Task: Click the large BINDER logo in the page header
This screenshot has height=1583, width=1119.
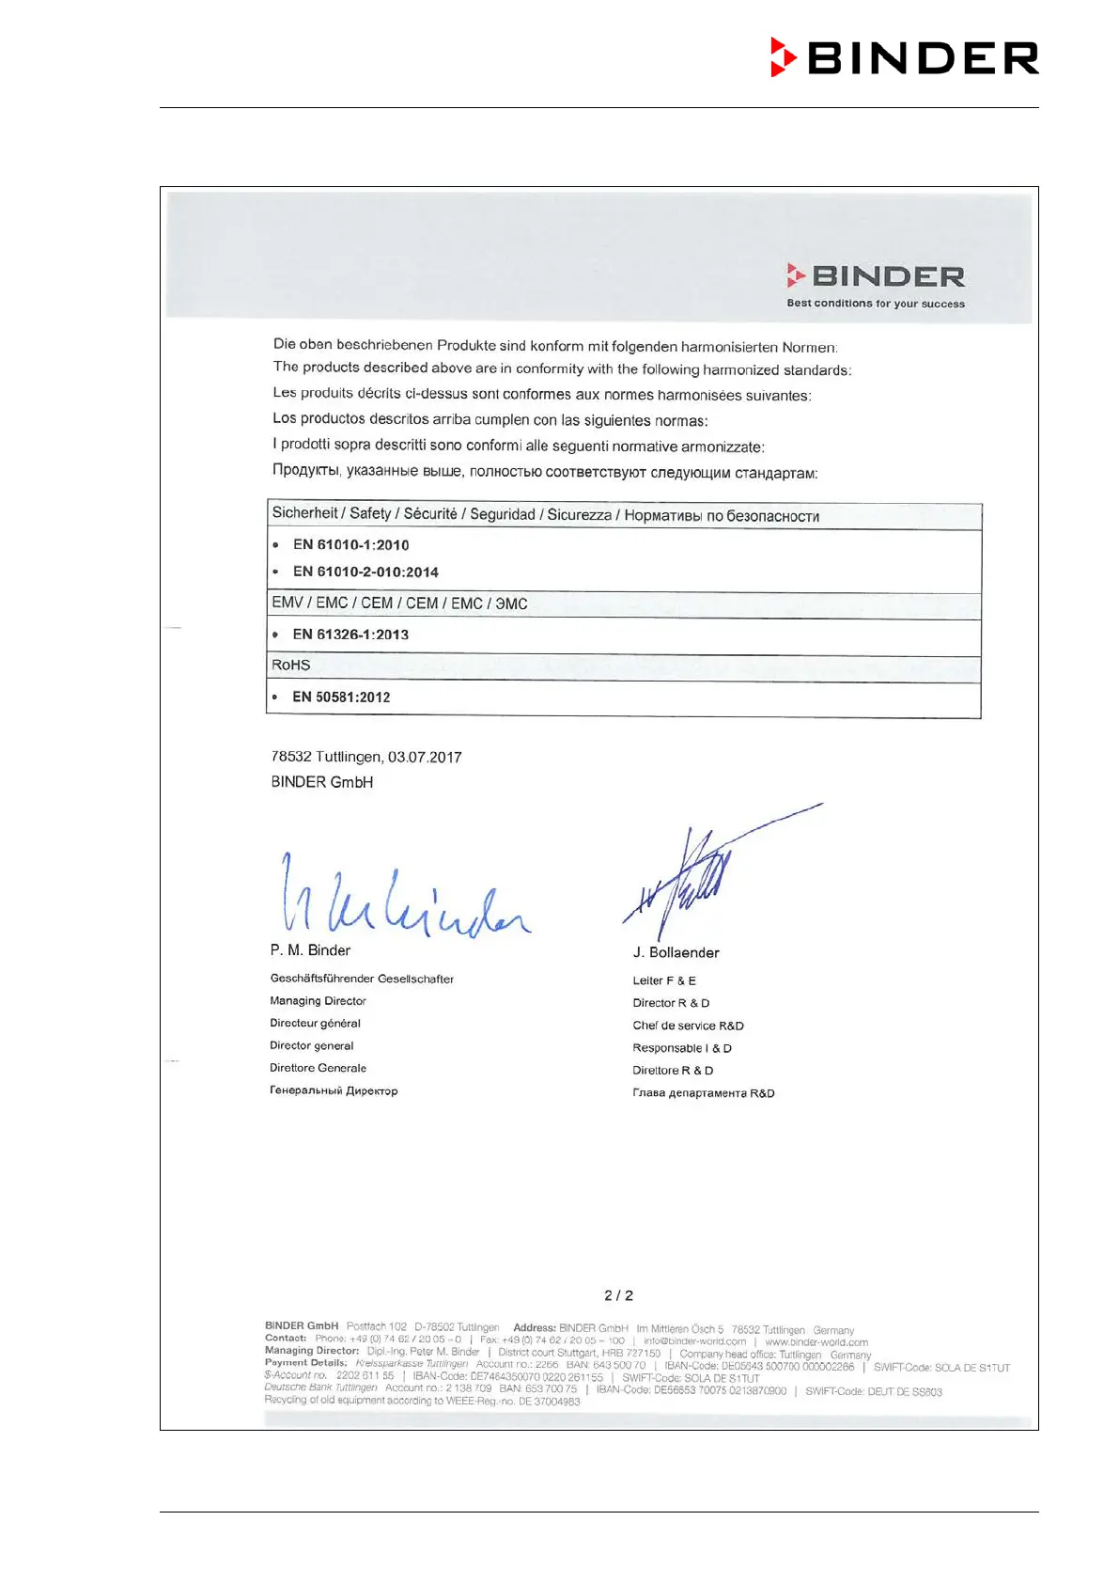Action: coord(904,57)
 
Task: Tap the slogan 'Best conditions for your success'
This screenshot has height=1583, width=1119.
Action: coord(876,304)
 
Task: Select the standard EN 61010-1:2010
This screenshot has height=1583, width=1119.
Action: coord(350,545)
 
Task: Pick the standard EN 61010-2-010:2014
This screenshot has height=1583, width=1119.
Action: coord(365,572)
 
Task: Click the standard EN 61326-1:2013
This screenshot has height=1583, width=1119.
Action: coord(350,635)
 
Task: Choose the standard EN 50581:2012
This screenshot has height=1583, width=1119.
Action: coord(341,697)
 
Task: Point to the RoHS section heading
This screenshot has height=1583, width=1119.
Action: coord(291,666)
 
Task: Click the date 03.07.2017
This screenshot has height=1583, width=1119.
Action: coord(425,757)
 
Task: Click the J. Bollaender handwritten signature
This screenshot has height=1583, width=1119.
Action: coord(695,879)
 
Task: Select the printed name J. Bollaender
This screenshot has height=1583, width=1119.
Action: coord(676,952)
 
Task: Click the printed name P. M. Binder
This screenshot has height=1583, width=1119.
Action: coord(310,950)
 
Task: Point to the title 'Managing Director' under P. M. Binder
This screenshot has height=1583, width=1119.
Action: coord(318,1001)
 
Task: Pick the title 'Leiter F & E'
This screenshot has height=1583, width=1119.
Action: coord(664,980)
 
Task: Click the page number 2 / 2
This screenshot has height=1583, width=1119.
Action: coord(618,1295)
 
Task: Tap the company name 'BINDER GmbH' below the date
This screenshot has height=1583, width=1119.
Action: coord(322,782)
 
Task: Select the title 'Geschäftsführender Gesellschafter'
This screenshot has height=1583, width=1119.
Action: coord(362,979)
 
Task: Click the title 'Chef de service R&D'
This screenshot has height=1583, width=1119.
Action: coord(688,1026)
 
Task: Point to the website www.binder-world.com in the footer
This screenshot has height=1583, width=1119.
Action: coord(816,1342)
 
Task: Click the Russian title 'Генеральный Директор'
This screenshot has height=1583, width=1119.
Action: coord(334,1090)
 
